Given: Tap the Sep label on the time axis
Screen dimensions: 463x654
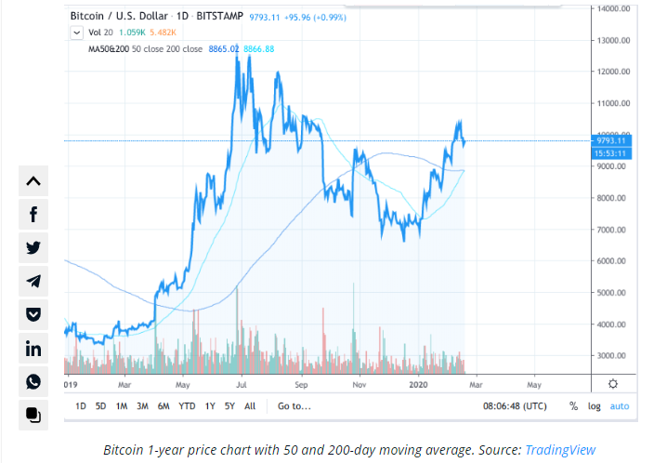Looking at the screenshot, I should click(x=301, y=383).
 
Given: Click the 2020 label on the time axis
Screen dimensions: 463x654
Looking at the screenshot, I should click(x=418, y=383).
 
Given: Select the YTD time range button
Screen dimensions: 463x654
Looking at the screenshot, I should click(x=187, y=406).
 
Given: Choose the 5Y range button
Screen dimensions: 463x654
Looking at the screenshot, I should click(x=229, y=406).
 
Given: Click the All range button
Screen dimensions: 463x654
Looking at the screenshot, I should click(x=250, y=406).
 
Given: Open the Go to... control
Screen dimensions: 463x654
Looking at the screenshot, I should click(x=294, y=406).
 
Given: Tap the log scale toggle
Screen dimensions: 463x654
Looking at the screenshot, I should click(x=595, y=406).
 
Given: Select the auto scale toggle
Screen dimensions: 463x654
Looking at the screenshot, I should click(x=620, y=406).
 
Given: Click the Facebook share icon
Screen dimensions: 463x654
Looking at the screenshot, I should click(x=33, y=215).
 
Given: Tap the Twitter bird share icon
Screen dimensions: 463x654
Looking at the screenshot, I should click(x=33, y=248).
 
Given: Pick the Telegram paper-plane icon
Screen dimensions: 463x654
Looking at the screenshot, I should click(x=33, y=282).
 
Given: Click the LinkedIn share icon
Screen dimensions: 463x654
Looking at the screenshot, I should click(x=33, y=349).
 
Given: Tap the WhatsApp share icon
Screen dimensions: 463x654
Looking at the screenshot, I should click(x=33, y=382).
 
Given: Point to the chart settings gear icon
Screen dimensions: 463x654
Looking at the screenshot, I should click(x=613, y=383).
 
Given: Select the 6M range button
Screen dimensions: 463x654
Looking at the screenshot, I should click(x=163, y=406).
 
